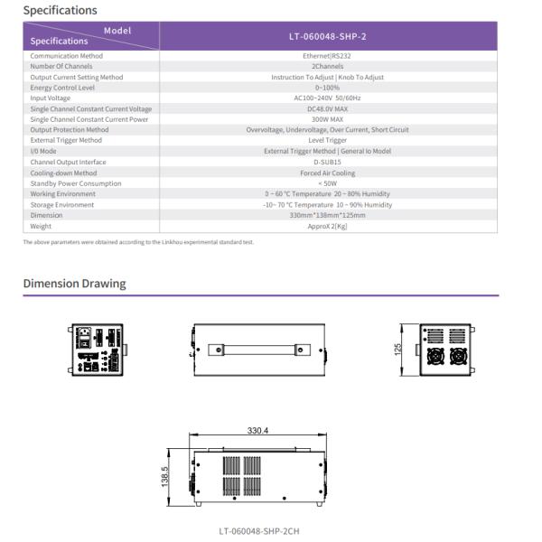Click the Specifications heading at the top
[x=60, y=11]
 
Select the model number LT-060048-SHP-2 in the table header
[x=327, y=36]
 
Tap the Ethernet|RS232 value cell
[x=327, y=56]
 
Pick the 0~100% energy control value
[x=327, y=88]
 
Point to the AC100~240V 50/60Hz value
[x=327, y=98]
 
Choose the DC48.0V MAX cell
[x=327, y=109]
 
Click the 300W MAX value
[x=327, y=119]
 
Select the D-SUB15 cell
[x=327, y=162]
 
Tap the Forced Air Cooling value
[x=327, y=173]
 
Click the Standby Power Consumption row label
[x=75, y=183]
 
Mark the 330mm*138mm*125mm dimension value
[x=327, y=215]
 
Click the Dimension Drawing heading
[x=74, y=284]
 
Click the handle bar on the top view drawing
[x=257, y=348]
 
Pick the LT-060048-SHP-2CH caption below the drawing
[x=259, y=531]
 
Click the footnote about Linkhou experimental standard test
[x=138, y=242]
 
